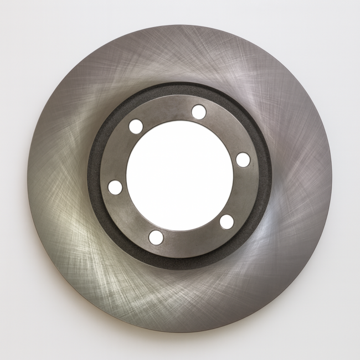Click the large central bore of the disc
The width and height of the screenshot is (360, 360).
point(179,174)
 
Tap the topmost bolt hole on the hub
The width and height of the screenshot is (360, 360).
point(199,112)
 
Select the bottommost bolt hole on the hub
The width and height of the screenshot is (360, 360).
point(156,238)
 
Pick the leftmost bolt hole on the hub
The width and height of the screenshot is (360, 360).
point(115,187)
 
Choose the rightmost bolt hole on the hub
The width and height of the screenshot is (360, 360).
point(243,160)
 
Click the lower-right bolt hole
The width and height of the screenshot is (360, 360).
point(227,221)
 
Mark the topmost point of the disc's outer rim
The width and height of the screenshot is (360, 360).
point(179,24)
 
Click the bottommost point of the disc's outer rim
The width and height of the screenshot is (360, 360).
point(179,333)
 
